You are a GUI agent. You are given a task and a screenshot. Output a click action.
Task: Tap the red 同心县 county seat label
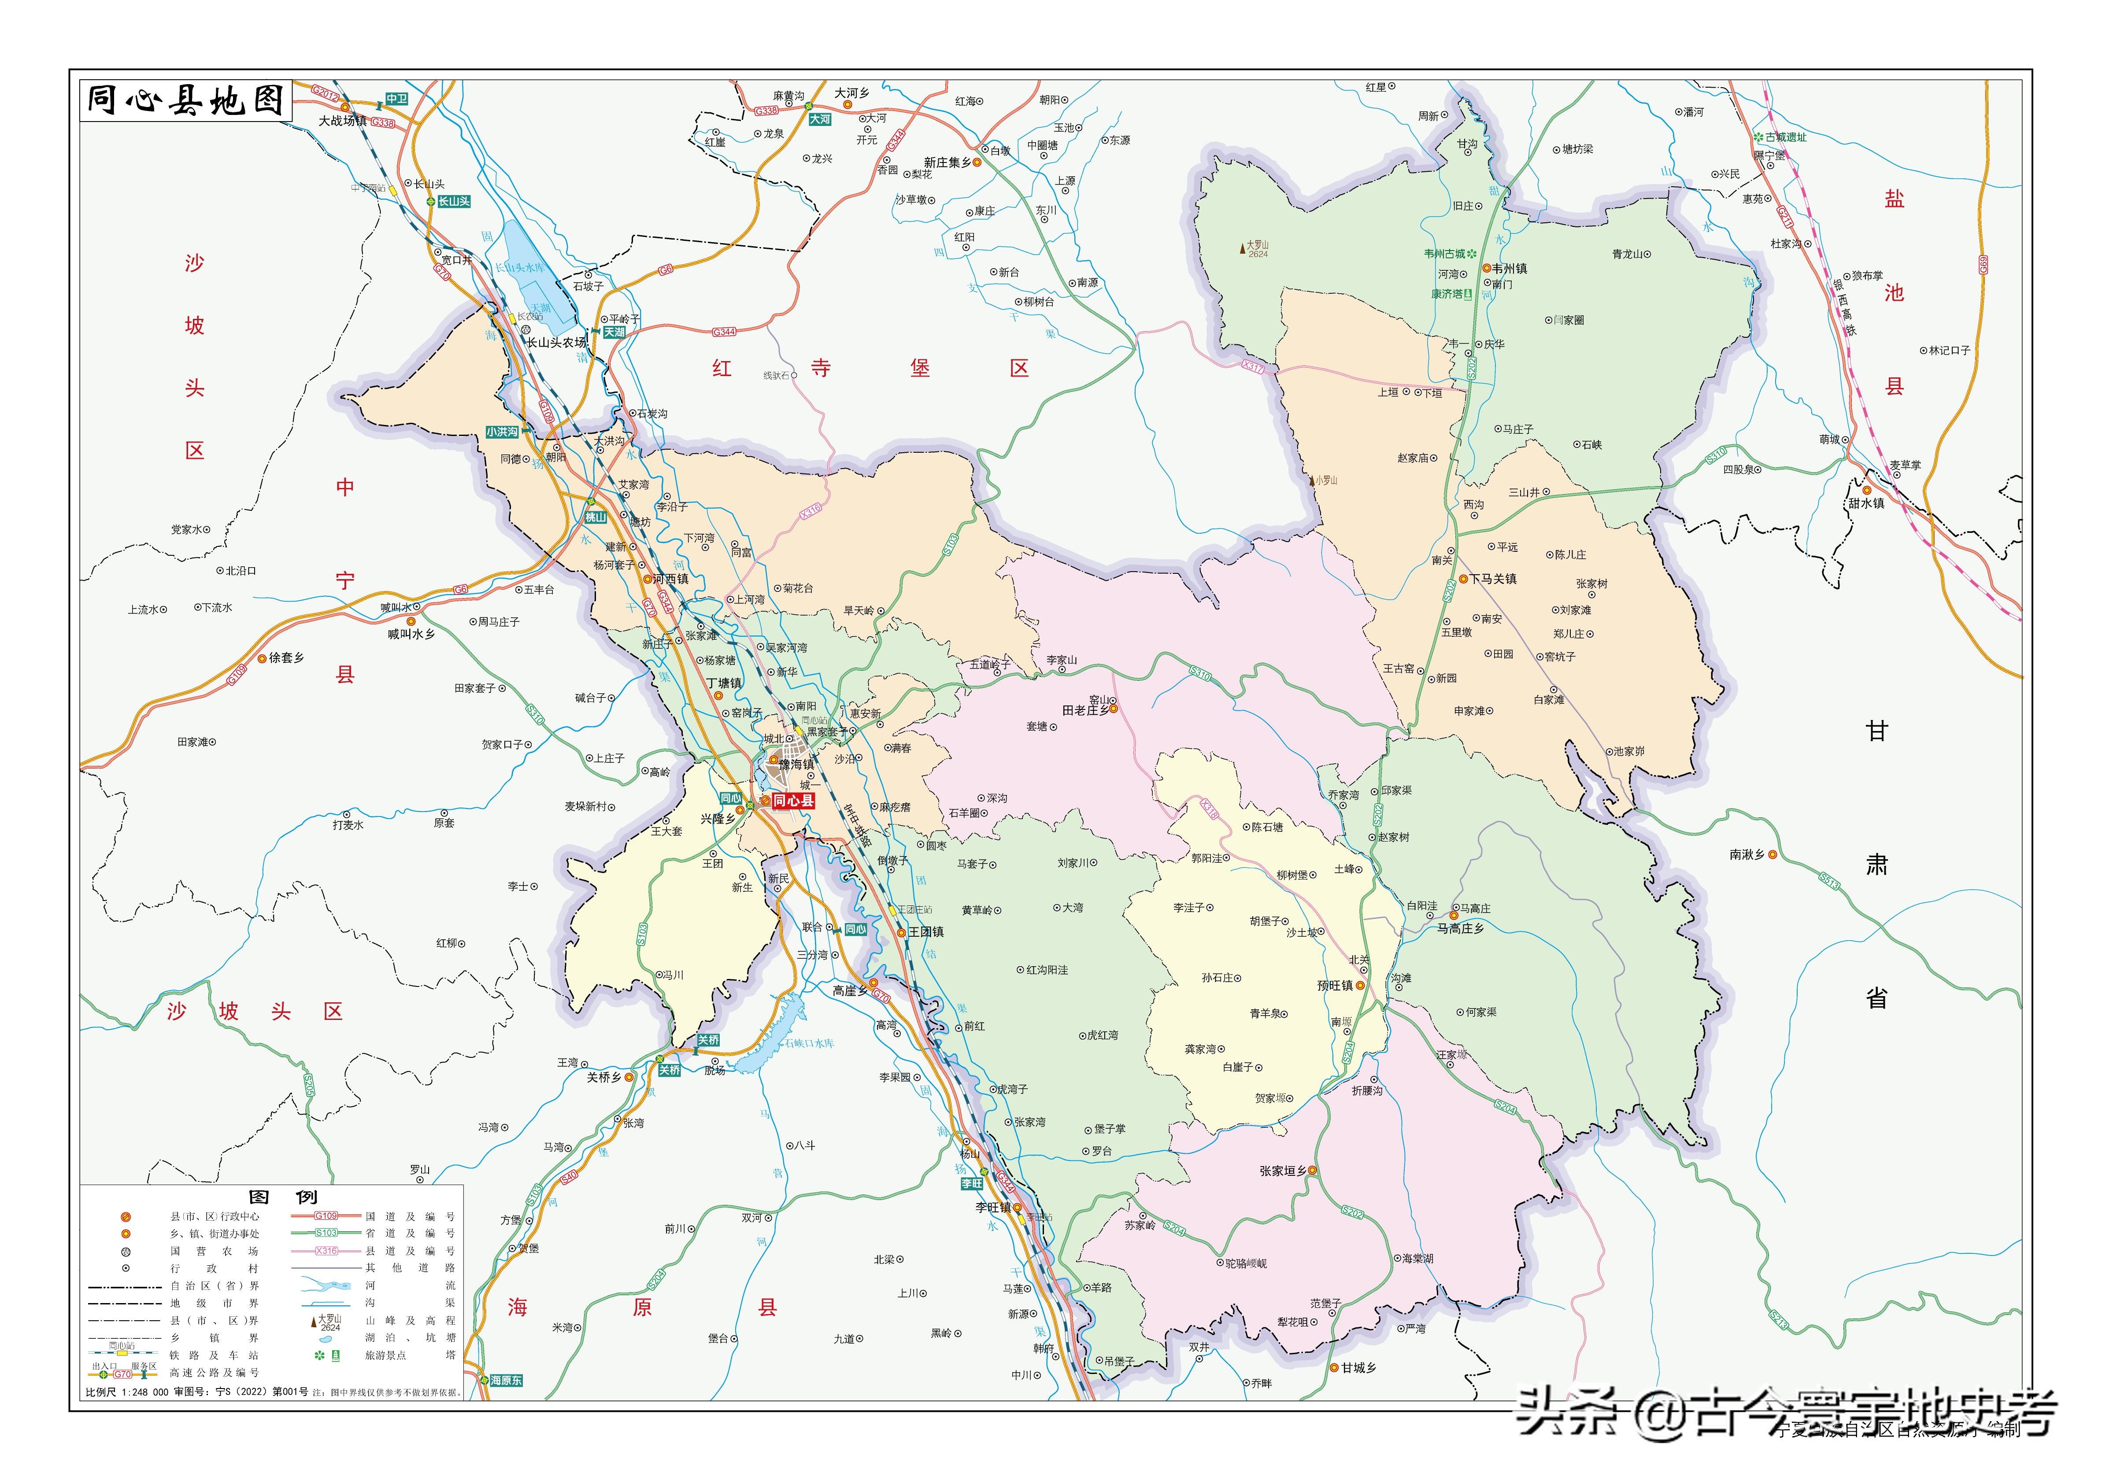[793, 801]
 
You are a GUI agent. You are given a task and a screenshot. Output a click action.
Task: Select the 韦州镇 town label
[1509, 269]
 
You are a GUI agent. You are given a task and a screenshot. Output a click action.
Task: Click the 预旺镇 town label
[1335, 986]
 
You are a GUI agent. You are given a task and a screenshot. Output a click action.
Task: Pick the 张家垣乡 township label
[1283, 1171]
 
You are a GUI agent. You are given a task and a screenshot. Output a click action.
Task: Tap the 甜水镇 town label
[1866, 503]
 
